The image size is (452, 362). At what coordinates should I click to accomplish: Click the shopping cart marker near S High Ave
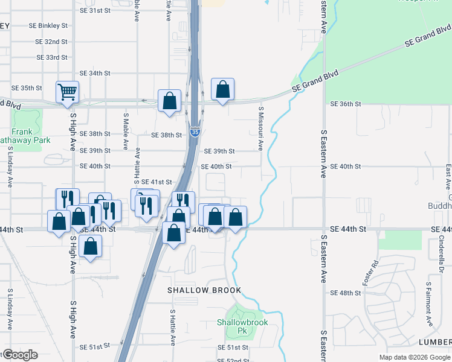click(x=68, y=92)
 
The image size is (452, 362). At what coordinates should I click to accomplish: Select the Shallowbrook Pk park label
click(x=242, y=326)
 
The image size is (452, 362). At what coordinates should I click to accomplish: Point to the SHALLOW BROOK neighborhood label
click(x=204, y=290)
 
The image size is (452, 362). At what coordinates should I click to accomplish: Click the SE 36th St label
click(x=345, y=104)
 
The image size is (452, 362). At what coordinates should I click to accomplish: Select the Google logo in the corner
click(x=21, y=355)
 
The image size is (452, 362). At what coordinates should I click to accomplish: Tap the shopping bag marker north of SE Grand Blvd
click(x=222, y=91)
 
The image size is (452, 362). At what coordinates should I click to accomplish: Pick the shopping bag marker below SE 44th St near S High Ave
click(x=90, y=247)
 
